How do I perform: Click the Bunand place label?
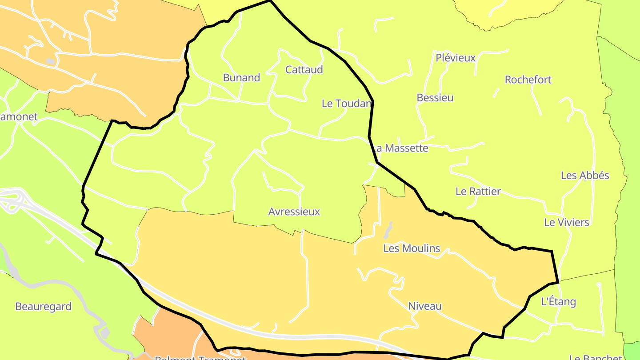tap(241, 78)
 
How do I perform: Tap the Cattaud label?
tap(304, 70)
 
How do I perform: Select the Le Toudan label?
tap(346, 104)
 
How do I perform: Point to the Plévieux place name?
tap(456, 58)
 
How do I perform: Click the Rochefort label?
tap(528, 80)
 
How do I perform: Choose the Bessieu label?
tap(435, 98)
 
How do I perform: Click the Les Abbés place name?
tap(585, 176)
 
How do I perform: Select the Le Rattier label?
tap(478, 192)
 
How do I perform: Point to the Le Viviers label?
tap(567, 222)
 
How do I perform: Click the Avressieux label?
tap(294, 212)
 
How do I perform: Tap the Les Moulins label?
tap(412, 248)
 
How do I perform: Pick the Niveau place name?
tap(425, 306)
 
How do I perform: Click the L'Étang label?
tap(558, 302)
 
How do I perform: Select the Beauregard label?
tap(43, 307)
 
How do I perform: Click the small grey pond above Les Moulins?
tap(388, 230)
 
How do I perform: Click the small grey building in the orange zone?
tap(50, 61)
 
